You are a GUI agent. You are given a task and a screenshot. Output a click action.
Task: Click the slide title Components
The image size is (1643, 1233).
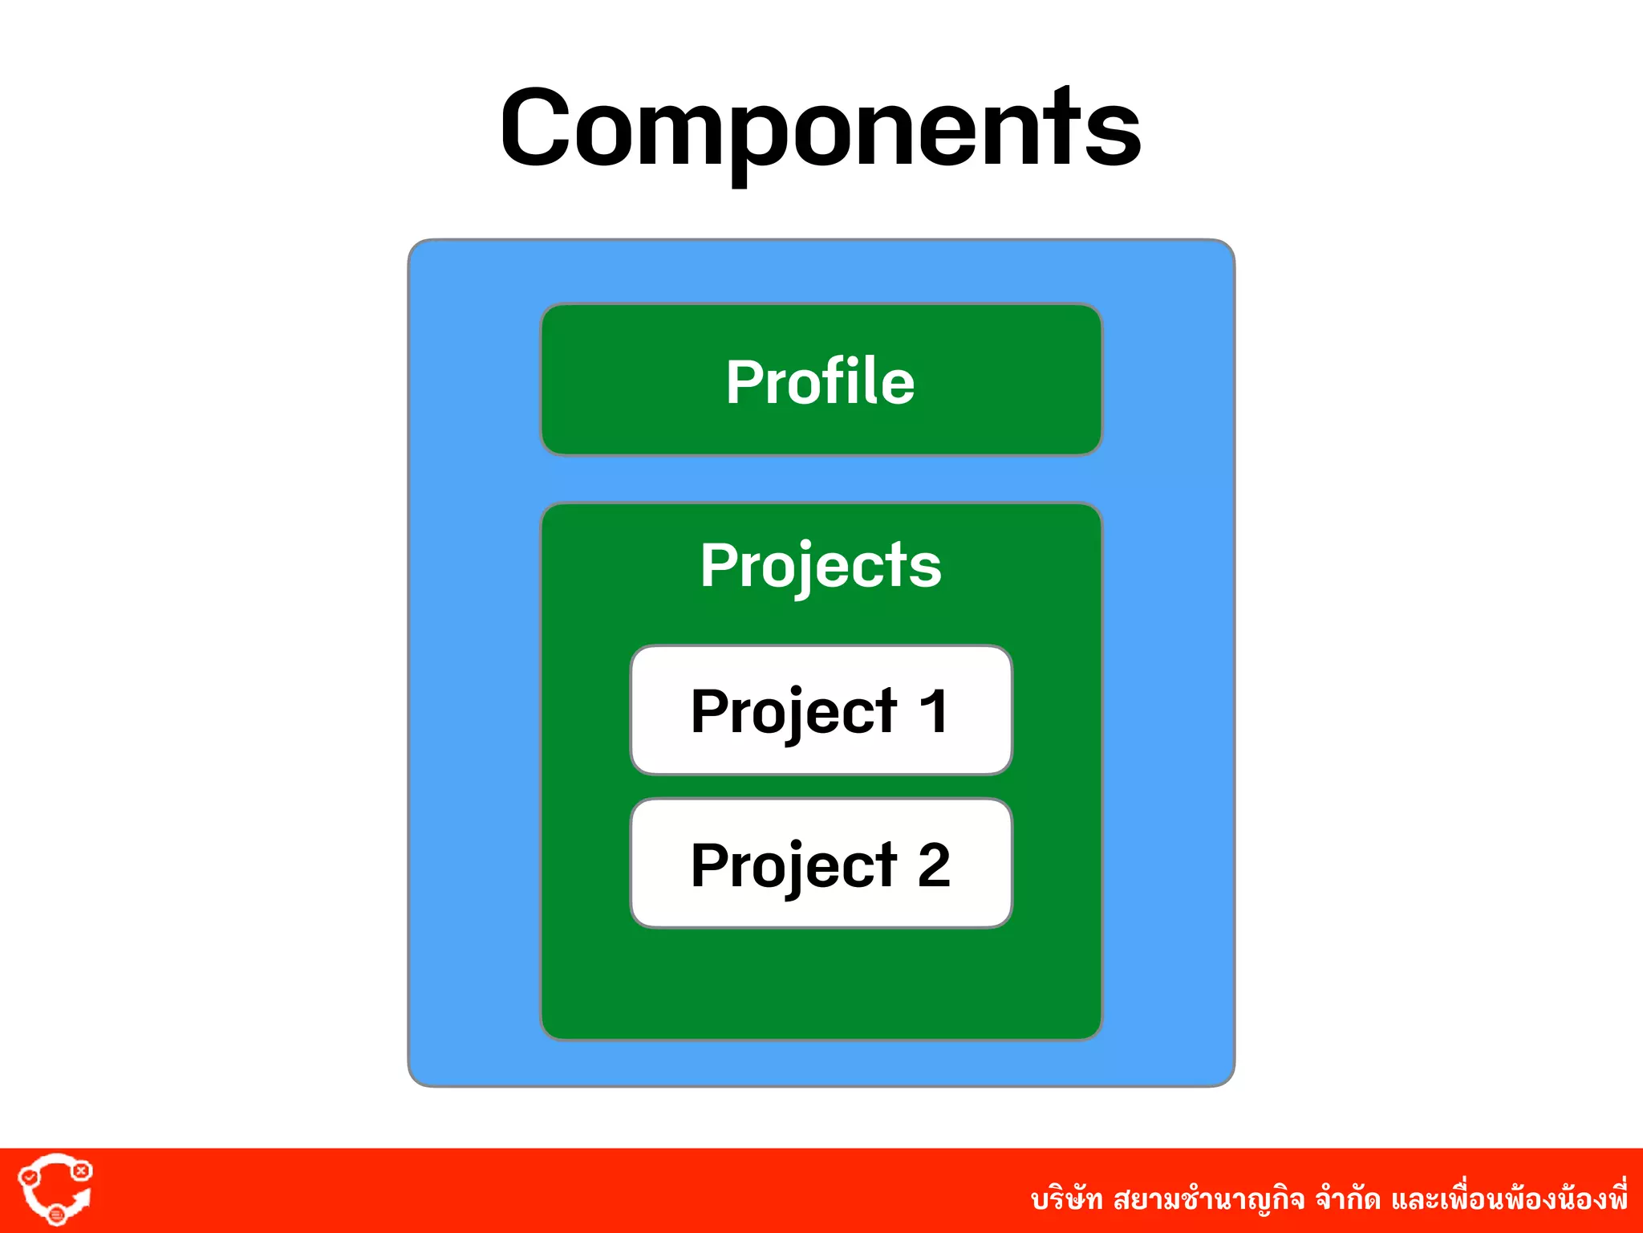coord(820,128)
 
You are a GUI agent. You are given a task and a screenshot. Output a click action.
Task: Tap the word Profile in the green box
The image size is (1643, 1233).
coord(820,381)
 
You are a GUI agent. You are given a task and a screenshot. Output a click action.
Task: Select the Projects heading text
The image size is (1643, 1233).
coord(820,565)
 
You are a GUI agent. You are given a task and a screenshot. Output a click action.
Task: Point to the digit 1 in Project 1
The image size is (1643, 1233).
coord(933,711)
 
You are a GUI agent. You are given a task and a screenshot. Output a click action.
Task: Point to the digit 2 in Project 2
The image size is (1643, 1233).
coord(934,865)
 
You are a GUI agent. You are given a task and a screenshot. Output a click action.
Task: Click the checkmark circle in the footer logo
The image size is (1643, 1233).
coord(29,1177)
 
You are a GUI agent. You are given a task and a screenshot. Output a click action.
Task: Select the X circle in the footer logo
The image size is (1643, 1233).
coord(81,1170)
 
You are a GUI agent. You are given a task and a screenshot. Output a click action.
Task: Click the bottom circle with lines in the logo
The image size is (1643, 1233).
coord(56,1215)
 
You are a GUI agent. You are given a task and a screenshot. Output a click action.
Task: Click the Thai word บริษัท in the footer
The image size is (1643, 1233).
coord(1066,1200)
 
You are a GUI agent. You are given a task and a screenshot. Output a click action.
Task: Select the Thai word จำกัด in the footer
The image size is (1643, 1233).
coord(1348,1200)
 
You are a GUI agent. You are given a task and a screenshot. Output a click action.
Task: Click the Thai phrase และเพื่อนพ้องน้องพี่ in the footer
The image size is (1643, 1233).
coord(1508,1198)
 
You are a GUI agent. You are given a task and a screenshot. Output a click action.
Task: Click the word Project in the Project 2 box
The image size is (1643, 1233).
coord(793,866)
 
